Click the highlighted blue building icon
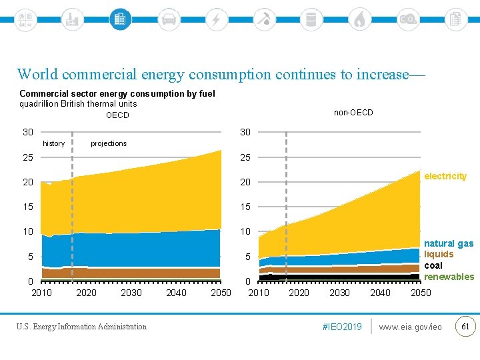[120, 19]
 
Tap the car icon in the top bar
[169, 19]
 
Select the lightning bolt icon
[216, 19]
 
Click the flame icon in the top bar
[360, 19]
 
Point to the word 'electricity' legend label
[445, 176]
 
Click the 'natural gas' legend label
[449, 243]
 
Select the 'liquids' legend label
[439, 254]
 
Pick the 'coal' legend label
[433, 265]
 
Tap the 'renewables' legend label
[449, 277]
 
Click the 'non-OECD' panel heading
[353, 113]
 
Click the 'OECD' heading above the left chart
[117, 115]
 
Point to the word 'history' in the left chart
[54, 143]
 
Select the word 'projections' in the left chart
[109, 143]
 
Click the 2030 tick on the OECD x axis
[131, 293]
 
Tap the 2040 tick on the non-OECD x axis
[380, 293]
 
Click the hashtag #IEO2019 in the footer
[341, 327]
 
